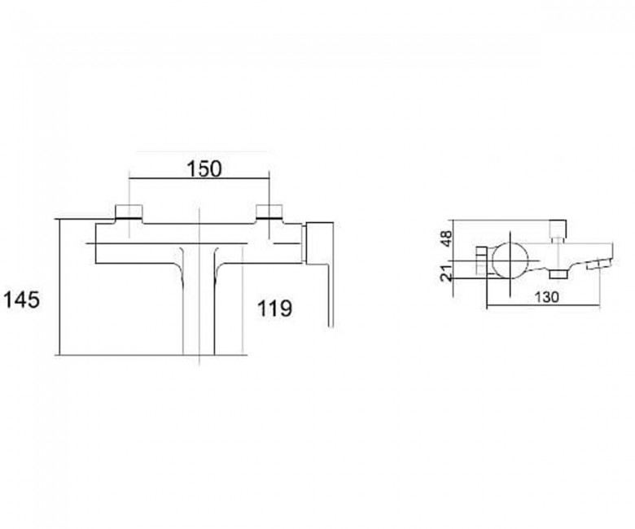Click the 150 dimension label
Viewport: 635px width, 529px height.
tap(204, 168)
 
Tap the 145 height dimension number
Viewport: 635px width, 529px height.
tap(22, 300)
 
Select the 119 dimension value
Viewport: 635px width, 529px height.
tap(274, 308)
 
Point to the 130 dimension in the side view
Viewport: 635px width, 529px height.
tap(547, 297)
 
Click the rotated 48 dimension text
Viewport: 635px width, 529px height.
tap(445, 239)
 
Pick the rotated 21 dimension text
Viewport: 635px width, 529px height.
tap(446, 273)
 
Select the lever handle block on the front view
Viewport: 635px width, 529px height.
tap(319, 243)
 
